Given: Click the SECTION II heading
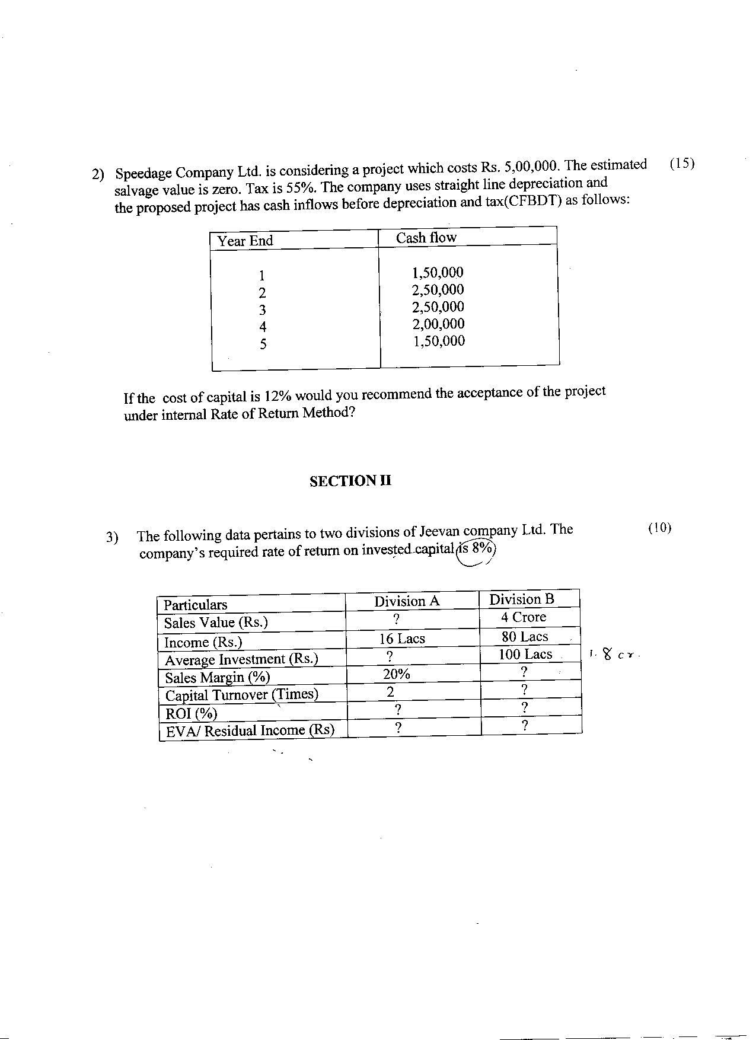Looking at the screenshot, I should [x=350, y=481].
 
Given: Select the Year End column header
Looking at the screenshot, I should [x=245, y=241].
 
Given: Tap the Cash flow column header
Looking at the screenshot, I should [x=426, y=238].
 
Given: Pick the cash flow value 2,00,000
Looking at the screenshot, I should [x=438, y=324].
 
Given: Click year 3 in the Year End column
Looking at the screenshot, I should [x=262, y=310].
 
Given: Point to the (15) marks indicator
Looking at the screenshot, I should [x=681, y=164].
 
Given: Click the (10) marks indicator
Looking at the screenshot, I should [x=659, y=528].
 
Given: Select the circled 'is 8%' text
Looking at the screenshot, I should [x=476, y=549].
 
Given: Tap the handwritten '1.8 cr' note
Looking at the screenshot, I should [x=614, y=655].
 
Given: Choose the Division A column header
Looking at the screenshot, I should [x=407, y=601].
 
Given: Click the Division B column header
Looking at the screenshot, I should [x=521, y=599].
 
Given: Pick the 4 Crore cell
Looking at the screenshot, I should [x=523, y=617].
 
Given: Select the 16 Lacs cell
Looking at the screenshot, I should [x=402, y=639].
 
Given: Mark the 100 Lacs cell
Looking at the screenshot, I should [x=525, y=655].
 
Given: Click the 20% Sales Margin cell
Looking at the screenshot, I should [x=396, y=674].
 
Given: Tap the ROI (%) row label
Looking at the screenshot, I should [x=191, y=713].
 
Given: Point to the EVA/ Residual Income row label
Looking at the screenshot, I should [x=250, y=730].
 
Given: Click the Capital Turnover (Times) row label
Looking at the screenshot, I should [x=241, y=695].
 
